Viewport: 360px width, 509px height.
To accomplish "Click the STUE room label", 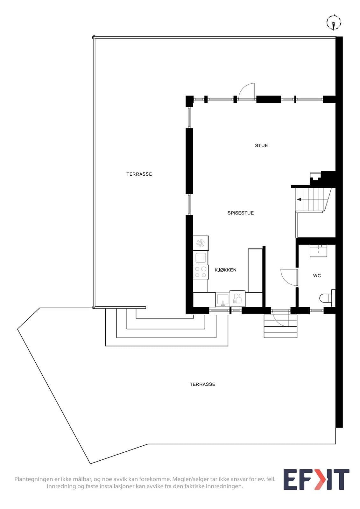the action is click(261, 145).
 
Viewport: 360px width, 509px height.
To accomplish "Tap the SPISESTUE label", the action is click(241, 213).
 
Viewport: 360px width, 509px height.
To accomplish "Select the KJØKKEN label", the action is click(226, 270).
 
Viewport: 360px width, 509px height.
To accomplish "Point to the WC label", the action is click(317, 275).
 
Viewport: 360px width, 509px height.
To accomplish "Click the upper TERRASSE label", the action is click(139, 174).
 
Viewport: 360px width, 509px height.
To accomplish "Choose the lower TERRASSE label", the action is click(202, 384).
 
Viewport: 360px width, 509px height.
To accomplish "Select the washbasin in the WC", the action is click(318, 251).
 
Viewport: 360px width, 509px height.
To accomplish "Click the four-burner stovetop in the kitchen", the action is click(201, 272).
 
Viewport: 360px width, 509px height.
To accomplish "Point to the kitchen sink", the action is click(222, 299).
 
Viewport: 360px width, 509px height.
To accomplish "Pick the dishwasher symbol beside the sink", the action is click(237, 298).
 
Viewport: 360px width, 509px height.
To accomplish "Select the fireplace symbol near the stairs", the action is click(315, 177).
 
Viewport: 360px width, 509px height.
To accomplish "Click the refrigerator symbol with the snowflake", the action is click(201, 243).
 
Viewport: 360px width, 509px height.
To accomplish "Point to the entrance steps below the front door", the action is click(280, 326).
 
